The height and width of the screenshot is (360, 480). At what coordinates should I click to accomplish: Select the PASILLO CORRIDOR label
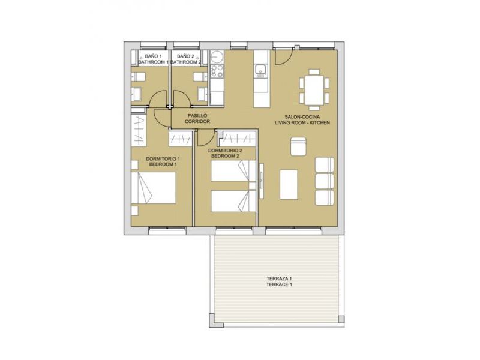coord(197,118)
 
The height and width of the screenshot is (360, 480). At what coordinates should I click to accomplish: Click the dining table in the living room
coord(314,89)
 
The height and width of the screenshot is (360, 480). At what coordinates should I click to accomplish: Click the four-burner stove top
coord(217,71)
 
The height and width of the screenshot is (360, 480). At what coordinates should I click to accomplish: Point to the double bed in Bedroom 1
coord(154,188)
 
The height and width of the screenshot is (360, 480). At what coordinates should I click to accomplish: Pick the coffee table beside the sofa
coord(289,185)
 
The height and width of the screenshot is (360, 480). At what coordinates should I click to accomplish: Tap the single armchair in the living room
coord(298,146)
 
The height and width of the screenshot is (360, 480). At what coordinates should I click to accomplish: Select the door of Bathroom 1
coord(158,99)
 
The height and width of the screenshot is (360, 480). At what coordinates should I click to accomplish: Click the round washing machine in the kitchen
coord(217,57)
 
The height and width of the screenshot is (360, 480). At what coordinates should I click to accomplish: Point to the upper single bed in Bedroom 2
coord(233,170)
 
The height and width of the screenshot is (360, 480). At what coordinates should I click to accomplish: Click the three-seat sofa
coord(325,181)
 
